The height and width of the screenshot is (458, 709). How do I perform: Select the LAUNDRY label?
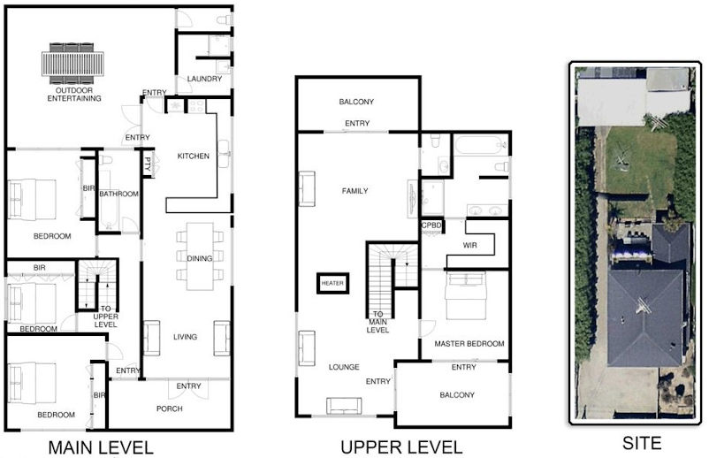coord(204,80)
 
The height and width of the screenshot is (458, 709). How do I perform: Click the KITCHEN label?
coord(194,156)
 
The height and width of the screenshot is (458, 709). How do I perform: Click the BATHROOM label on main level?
coord(119,194)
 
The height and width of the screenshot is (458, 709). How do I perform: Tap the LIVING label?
coord(186,337)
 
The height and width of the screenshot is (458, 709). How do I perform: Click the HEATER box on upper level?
coord(332,284)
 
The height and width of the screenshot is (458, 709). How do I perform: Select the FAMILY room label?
coord(354,191)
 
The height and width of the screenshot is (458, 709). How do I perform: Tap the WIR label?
coord(469,246)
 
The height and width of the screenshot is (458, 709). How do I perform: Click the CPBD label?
coord(431,225)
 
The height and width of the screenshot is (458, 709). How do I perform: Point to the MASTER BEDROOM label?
coord(469,343)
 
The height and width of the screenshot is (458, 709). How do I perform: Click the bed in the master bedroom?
coord(469,296)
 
